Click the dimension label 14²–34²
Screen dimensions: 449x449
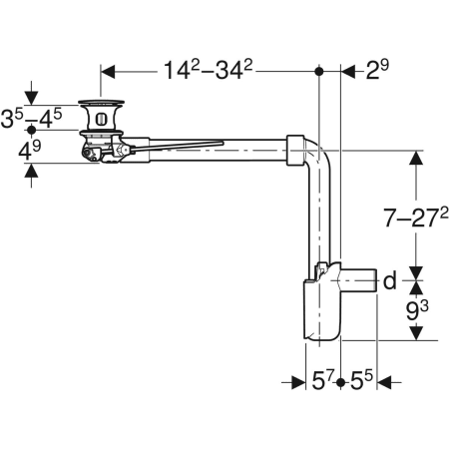(x=210, y=71)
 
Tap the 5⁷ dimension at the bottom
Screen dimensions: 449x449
(x=321, y=381)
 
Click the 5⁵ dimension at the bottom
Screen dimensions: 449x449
(x=361, y=381)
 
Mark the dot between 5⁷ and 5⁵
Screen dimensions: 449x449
(x=341, y=382)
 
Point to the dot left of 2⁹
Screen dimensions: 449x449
(x=319, y=71)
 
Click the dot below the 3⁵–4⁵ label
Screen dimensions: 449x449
(x=32, y=130)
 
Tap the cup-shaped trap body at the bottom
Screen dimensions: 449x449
(x=319, y=314)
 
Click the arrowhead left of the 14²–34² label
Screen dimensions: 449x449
(x=109, y=71)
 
